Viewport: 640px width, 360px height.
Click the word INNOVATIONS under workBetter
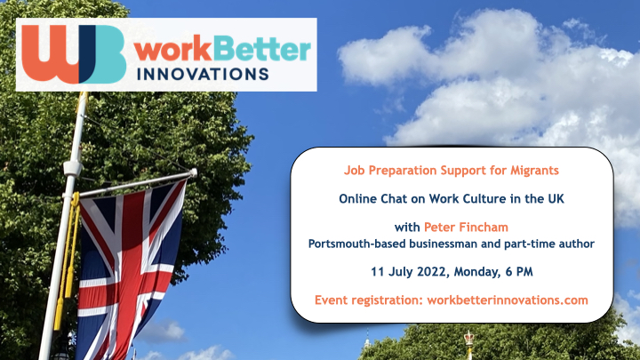click(203, 75)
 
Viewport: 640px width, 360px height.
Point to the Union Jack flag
click(130, 269)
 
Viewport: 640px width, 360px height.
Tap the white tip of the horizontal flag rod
click(193, 173)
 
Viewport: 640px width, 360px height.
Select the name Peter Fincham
click(466, 227)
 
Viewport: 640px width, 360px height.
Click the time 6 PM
click(519, 272)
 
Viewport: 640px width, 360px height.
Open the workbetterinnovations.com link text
click(508, 300)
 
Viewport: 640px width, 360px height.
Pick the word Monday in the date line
click(476, 272)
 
